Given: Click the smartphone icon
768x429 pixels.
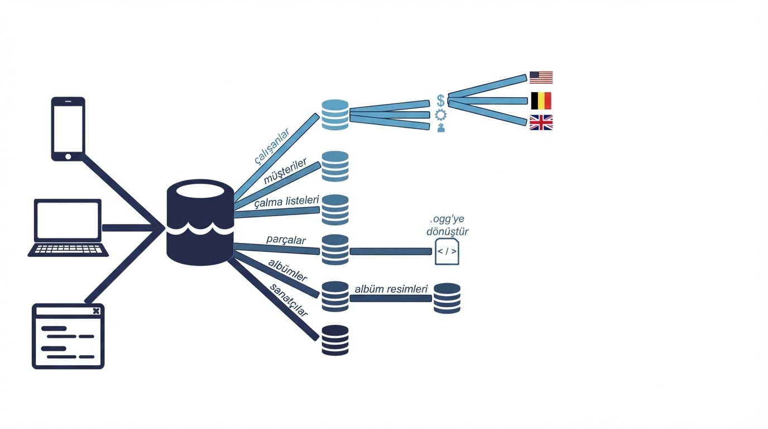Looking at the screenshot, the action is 68,128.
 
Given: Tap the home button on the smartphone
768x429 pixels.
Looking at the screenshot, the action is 68,156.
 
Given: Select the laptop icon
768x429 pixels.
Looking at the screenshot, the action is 68,227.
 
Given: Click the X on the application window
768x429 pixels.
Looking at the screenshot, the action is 97,311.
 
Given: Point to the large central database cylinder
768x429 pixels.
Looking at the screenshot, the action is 200,222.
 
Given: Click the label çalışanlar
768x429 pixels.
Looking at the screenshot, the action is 272,146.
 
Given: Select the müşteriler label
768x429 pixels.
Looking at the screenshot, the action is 285,171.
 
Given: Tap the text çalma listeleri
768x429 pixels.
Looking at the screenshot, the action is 287,202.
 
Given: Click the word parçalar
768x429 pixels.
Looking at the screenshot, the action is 286,240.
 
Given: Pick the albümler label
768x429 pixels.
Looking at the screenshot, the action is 287,270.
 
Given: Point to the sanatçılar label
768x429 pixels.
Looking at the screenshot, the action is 289,300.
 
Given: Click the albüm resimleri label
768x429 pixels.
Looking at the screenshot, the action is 391,289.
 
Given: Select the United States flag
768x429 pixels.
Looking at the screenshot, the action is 541,78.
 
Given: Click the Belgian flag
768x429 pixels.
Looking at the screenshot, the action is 541,101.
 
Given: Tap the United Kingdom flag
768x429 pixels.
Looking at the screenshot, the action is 541,122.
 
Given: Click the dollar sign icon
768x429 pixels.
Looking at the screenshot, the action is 441,101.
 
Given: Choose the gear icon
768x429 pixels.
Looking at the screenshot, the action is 441,115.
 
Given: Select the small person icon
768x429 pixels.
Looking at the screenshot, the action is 441,128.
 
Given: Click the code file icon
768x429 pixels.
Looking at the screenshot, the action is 447,251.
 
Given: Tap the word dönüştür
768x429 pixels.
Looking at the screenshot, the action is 448,232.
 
